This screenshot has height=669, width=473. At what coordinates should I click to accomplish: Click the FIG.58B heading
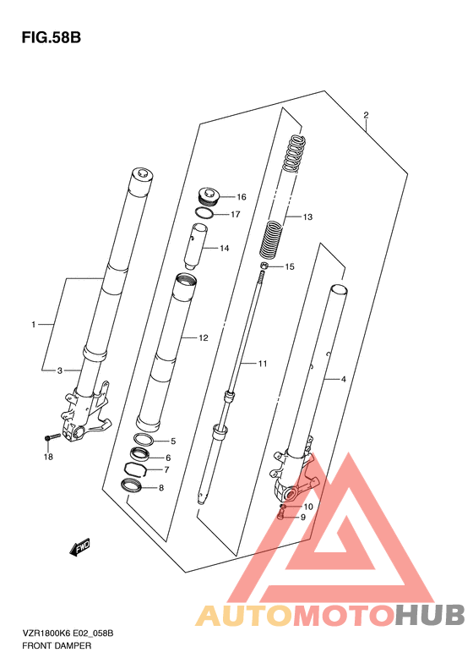point(52,37)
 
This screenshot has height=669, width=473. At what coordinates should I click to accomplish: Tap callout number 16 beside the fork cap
point(242,197)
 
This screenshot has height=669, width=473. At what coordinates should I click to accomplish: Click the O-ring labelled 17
point(205,212)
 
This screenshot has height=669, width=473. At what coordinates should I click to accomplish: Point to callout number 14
point(225,249)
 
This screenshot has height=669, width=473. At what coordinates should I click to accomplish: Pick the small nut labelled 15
point(264,266)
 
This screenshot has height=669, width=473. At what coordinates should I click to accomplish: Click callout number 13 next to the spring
point(307,217)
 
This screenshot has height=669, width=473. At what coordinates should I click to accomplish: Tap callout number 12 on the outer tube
point(204,338)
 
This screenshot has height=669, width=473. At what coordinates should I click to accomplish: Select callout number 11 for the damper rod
point(263,364)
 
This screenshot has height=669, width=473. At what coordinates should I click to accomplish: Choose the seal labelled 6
point(139,454)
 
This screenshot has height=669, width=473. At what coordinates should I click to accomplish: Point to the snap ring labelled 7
point(135,469)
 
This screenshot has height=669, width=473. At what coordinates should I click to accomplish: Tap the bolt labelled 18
point(52,437)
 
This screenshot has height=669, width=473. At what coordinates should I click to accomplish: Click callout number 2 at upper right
point(366,115)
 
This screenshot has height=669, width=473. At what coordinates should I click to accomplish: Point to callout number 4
point(344,379)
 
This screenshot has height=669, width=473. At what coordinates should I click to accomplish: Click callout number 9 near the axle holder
point(303,517)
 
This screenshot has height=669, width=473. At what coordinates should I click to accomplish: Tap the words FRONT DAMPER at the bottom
point(57,645)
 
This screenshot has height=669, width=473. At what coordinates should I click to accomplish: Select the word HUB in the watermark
point(430,615)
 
